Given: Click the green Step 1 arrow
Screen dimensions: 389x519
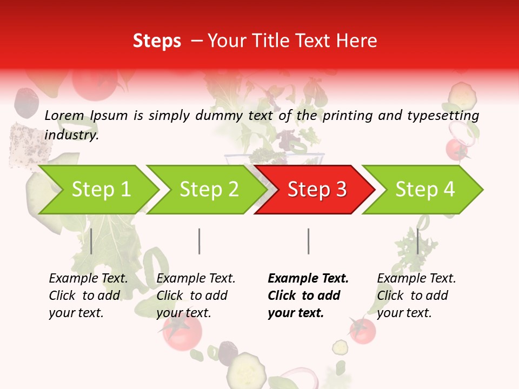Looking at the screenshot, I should [97, 190].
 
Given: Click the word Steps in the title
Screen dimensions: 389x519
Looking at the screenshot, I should [157, 41].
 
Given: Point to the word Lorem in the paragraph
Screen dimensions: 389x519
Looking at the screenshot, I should [64, 115].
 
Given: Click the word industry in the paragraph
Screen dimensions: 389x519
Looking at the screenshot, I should [71, 135].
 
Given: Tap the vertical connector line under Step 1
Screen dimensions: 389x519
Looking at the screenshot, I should [91, 241].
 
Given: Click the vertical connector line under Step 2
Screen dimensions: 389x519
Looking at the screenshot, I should [199, 241].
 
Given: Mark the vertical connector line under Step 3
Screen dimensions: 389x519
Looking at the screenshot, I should [308, 241].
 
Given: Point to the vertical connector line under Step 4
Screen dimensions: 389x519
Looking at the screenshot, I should [417, 241].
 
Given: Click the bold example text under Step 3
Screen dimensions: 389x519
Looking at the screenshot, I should [307, 296].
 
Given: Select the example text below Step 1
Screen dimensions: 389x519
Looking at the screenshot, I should [88, 296].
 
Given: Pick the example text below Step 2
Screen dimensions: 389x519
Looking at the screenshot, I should [196, 296].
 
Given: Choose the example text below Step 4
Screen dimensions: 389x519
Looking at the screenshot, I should [416, 296].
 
